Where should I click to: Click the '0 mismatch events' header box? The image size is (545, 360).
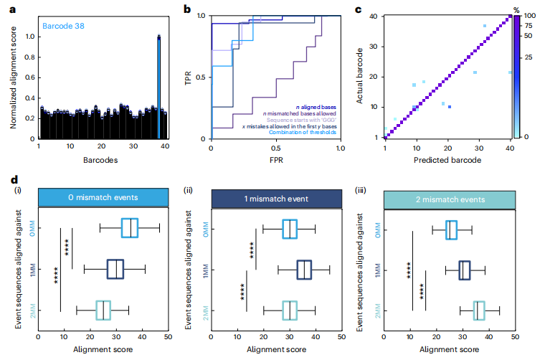pos(98,196)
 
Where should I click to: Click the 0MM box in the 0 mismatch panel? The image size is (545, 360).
pos(130,227)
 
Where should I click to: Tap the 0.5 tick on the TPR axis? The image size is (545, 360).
pos(200,77)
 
